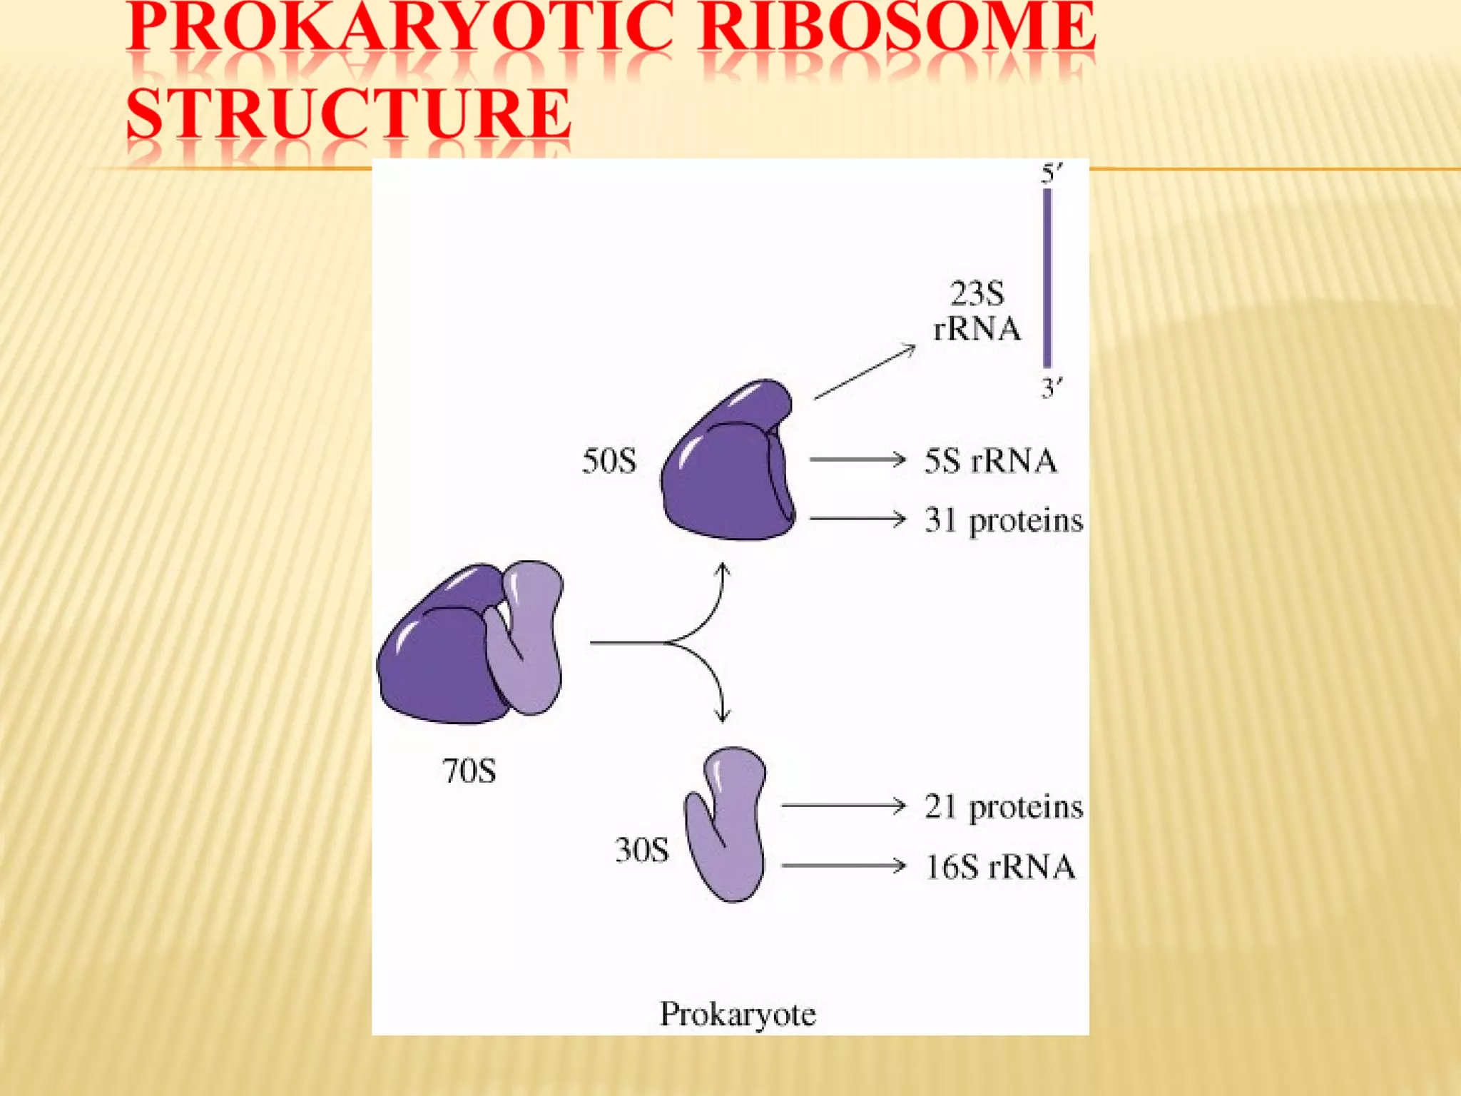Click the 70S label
[469, 771]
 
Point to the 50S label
[609, 461]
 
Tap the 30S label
[641, 851]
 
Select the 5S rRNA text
[990, 461]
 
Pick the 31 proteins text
[1003, 521]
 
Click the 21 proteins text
[1003, 807]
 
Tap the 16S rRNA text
[1000, 867]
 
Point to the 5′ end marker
[1052, 173]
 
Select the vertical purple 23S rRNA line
[1047, 278]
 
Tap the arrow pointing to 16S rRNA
[843, 866]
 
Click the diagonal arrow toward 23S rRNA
[865, 372]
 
